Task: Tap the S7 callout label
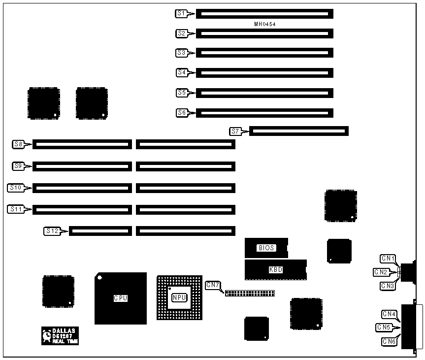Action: point(235,131)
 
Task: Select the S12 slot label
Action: point(52,230)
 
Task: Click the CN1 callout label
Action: point(388,258)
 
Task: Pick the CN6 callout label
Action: point(389,341)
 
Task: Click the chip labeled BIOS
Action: point(266,248)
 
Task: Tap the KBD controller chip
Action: point(275,270)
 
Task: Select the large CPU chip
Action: point(121,298)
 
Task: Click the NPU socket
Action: point(179,297)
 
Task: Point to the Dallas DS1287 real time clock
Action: point(60,335)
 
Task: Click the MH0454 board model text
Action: point(264,24)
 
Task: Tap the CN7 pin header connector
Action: point(250,293)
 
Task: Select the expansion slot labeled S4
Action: point(264,72)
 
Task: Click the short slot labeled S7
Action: point(299,131)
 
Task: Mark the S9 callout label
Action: point(19,166)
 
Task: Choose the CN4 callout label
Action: point(389,314)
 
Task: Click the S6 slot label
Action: point(182,113)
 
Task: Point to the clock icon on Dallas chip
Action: point(47,335)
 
